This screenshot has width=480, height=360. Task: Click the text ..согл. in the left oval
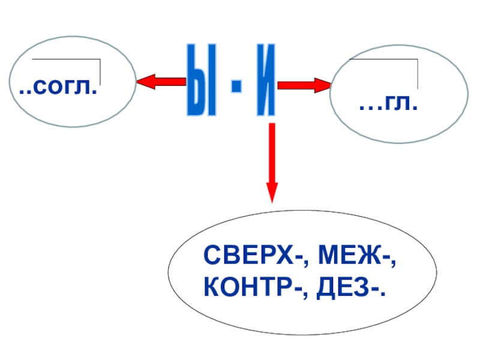click(58, 91)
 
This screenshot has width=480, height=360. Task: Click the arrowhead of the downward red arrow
click(272, 190)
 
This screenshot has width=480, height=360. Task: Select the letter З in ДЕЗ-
click(369, 289)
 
